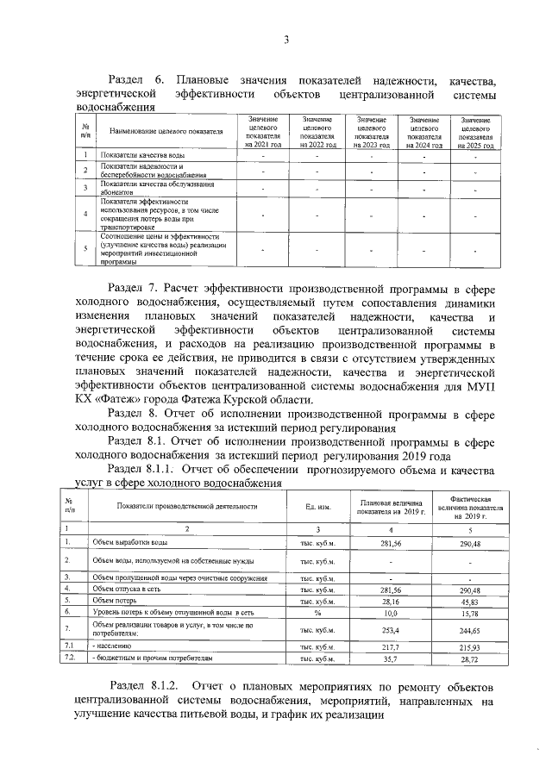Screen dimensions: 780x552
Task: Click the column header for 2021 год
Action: pyautogui.click(x=263, y=133)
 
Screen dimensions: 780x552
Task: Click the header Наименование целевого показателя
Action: pyautogui.click(x=160, y=133)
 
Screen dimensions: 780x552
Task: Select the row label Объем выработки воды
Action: pyautogui.click(x=129, y=542)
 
